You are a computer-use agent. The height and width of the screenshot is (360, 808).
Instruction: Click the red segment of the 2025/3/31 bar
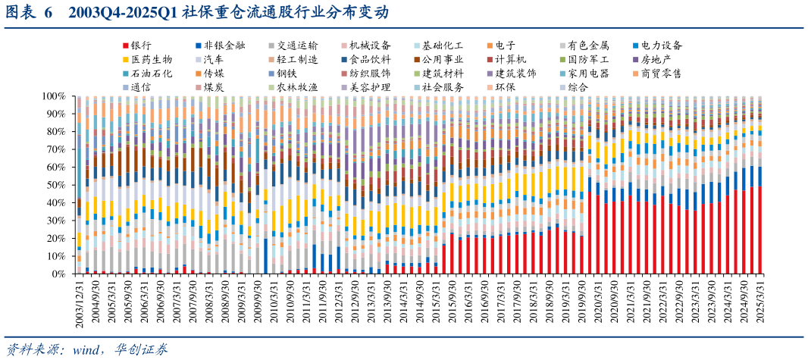coord(759,230)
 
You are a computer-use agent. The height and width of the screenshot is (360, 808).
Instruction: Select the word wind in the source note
coord(87,349)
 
